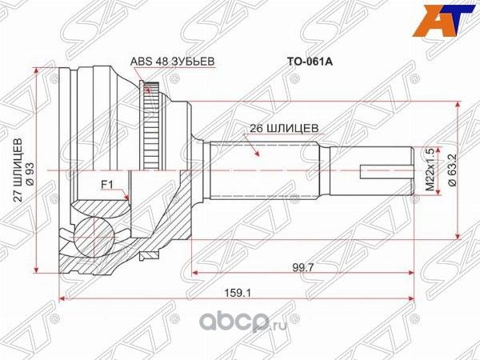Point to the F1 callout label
click(105, 185)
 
